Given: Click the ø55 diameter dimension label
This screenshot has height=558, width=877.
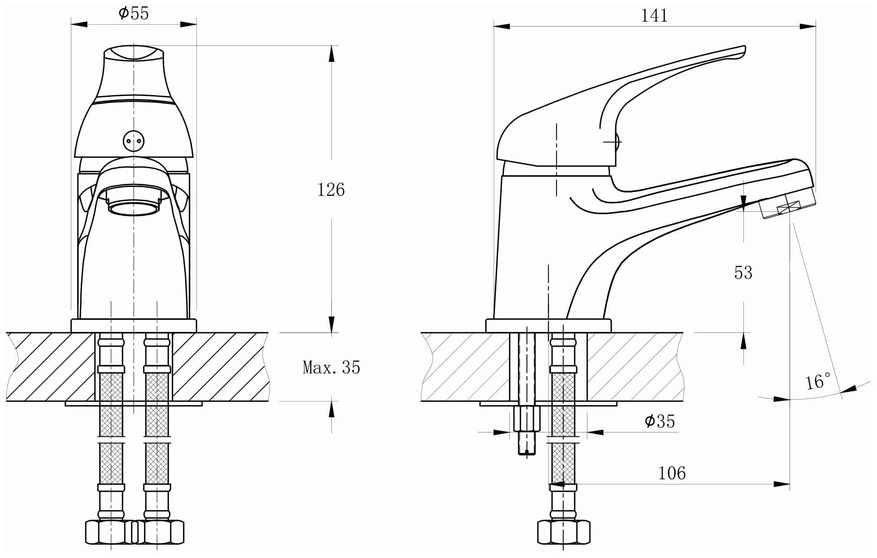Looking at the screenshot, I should point(134,13).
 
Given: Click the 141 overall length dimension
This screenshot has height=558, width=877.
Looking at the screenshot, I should point(654,16).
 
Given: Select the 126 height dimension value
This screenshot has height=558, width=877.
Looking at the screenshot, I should point(331,190).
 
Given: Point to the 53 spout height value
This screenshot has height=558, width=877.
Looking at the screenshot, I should point(743,273).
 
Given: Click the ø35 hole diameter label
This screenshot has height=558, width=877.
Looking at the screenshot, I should point(660,421).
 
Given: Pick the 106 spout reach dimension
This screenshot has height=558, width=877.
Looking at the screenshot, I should point(672,473).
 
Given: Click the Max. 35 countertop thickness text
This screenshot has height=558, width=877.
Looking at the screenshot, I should point(331,367).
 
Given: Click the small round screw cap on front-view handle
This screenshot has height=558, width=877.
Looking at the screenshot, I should point(134,141).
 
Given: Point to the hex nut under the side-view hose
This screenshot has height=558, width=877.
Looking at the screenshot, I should point(564,532).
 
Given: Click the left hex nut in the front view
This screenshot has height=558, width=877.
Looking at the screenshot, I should point(110,532).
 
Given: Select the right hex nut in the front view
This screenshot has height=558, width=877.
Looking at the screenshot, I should point(159,532).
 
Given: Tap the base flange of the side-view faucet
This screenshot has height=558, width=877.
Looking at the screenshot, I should point(548,326).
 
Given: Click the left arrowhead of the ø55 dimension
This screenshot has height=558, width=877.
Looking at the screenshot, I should point(79,24).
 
